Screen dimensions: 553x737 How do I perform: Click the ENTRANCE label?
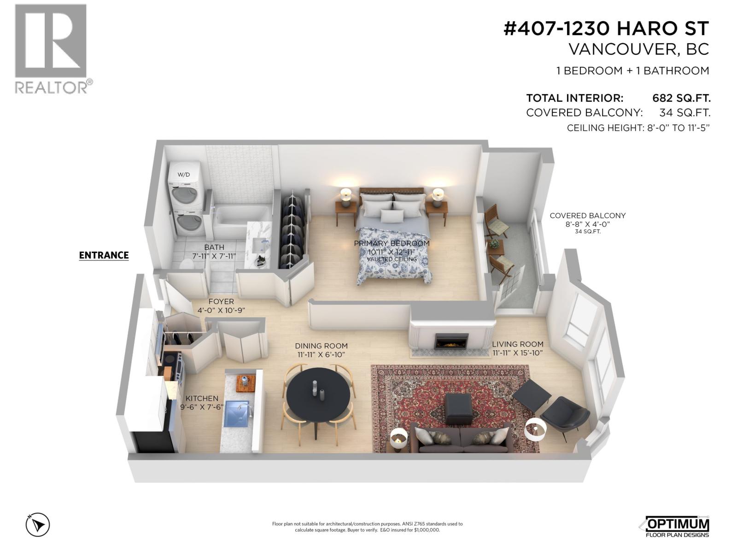coord(104,255)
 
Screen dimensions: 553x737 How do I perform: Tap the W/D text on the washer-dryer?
coord(183,175)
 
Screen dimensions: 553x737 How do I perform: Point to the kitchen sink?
coord(236,414)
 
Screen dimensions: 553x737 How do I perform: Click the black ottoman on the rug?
coord(458,408)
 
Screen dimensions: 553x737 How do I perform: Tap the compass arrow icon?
coord(38,524)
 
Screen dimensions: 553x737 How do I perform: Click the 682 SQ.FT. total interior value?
coord(681,98)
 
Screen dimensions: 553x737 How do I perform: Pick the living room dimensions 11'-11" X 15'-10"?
coord(518,353)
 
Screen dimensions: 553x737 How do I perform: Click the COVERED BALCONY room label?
coord(587,216)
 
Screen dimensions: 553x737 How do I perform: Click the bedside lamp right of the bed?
coord(438,195)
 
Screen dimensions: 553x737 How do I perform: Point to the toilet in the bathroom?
coord(187,264)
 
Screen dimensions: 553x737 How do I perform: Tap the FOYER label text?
coord(221,302)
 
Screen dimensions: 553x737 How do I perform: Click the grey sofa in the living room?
coord(461,440)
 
